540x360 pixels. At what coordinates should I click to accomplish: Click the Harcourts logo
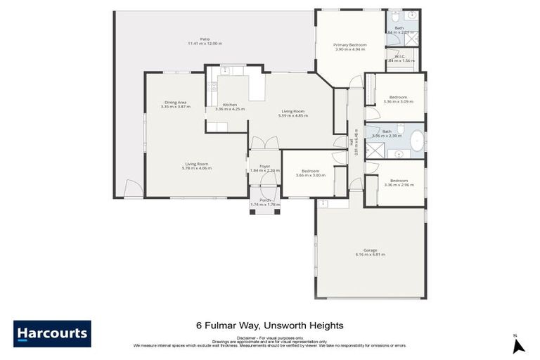[51, 333]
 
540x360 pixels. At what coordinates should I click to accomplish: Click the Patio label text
[205, 39]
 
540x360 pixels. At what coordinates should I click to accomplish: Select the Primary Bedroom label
[349, 45]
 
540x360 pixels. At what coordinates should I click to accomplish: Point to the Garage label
[370, 250]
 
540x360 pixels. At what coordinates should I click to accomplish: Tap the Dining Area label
[175, 103]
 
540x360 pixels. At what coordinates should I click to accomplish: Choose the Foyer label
[264, 166]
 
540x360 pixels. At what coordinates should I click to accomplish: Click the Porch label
[265, 200]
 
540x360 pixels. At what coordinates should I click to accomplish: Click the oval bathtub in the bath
[417, 141]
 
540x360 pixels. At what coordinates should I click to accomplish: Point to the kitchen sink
[226, 70]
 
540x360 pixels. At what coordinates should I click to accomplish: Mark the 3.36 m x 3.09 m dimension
[398, 102]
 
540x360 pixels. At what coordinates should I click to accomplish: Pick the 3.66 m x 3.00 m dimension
[310, 174]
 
